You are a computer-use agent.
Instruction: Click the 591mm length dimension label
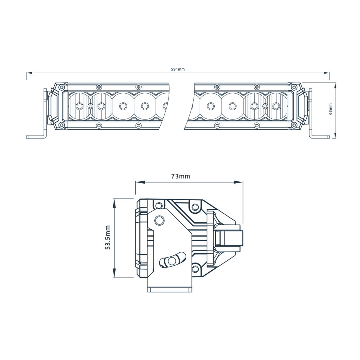[x=178, y=69]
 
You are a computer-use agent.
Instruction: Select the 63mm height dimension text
[x=331, y=109]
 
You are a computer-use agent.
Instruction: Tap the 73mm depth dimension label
[x=180, y=176]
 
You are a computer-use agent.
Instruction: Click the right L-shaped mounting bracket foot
[x=319, y=136]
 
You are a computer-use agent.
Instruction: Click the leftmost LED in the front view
[x=79, y=106]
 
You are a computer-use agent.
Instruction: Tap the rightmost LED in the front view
[x=276, y=106]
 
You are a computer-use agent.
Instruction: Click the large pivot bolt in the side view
[x=160, y=220]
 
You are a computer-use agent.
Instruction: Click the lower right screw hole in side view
[x=195, y=269]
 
